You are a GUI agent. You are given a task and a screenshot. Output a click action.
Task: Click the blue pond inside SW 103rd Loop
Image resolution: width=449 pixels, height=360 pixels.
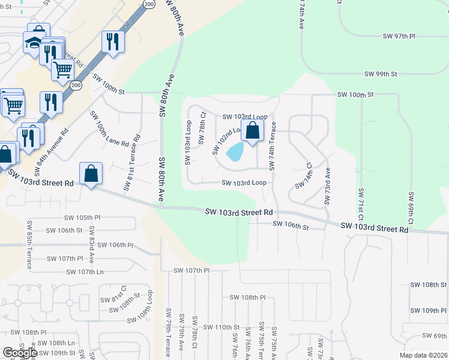click(235, 152)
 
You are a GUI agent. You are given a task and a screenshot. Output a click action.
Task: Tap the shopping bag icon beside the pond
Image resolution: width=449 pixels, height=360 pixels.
click(253, 130)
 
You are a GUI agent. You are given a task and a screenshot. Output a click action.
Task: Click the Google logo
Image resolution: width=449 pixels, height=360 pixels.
click(20, 353)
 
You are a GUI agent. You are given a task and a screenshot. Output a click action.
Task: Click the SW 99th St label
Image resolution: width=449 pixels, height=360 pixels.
click(381, 74)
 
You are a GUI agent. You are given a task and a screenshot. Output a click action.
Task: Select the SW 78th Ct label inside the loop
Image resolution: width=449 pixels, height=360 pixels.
click(203, 123)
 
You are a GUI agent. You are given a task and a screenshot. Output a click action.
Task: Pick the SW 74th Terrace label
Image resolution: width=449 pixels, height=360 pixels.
click(273, 146)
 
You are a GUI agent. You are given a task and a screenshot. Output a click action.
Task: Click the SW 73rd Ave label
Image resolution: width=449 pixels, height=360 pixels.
click(327, 187)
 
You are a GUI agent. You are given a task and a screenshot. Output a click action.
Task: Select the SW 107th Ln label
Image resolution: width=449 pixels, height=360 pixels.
click(85, 272)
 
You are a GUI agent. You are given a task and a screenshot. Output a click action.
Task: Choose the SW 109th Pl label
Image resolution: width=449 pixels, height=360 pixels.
click(429, 310)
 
